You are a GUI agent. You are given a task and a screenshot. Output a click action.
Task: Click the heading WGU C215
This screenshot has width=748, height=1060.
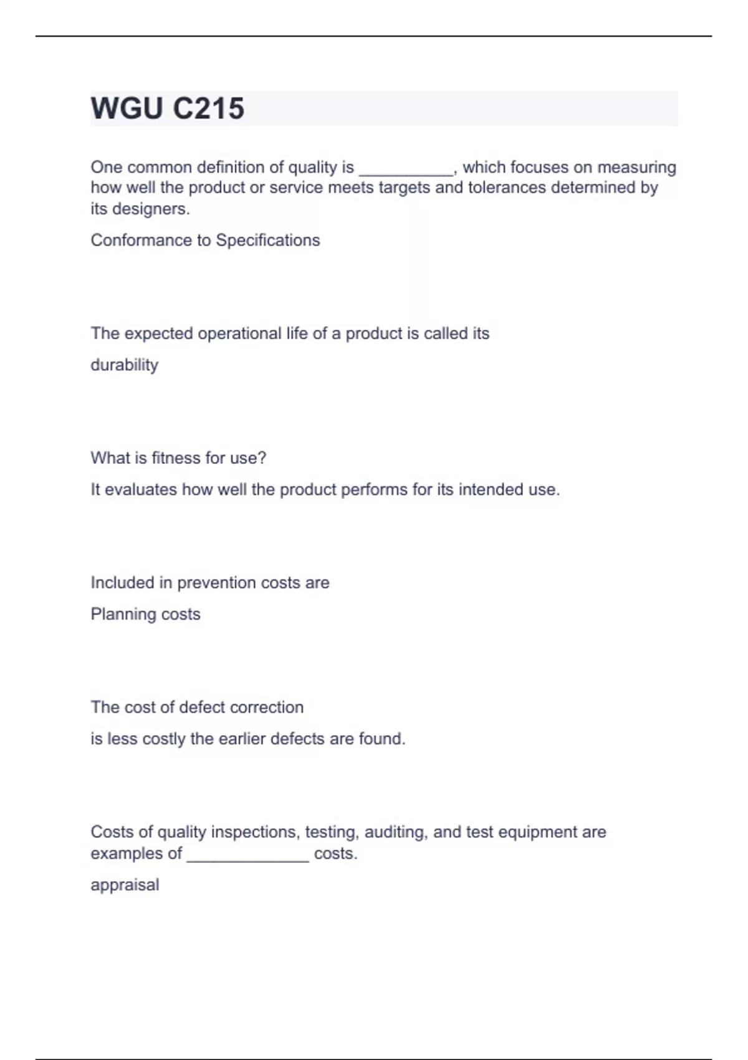pos(167,108)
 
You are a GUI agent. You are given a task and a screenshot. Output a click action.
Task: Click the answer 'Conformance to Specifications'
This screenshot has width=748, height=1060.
pos(205,240)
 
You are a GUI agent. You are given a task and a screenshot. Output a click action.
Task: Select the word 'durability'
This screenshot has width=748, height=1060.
pos(124,365)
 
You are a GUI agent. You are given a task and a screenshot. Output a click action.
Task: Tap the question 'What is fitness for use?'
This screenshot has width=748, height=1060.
pos(178,458)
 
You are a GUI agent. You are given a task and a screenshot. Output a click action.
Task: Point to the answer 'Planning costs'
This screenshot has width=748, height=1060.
pos(145,614)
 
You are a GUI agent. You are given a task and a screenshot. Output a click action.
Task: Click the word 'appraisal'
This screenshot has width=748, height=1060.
pos(125,885)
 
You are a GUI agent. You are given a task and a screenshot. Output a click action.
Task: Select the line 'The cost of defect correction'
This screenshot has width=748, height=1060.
pos(197,707)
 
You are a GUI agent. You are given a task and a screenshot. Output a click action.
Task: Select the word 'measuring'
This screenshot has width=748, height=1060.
pos(636,167)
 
